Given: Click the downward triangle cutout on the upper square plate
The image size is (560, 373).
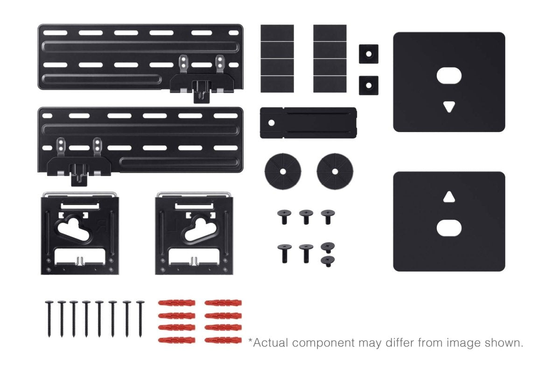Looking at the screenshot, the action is click(449, 106).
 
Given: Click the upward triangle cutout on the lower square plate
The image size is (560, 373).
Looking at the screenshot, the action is click(449, 197).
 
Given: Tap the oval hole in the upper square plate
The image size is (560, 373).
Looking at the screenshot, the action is click(449, 76).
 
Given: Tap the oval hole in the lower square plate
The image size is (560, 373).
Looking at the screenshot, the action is click(449, 228).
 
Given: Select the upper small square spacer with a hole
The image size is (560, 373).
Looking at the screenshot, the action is click(369, 54).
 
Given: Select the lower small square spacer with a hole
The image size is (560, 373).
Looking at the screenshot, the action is click(369, 85).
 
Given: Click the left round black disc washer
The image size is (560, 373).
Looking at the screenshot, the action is click(283, 172).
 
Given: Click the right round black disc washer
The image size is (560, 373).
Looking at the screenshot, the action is click(335, 172).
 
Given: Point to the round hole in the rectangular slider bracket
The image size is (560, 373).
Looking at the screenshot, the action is click(271, 123).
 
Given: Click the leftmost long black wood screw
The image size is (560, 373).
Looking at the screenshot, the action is click(49, 319).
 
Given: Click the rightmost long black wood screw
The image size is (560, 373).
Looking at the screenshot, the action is click(140, 319).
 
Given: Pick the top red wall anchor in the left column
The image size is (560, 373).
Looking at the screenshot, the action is click(176, 303).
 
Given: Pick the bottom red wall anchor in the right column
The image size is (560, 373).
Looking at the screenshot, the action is click(223, 340).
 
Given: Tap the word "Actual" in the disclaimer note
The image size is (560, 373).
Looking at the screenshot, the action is click(271, 343).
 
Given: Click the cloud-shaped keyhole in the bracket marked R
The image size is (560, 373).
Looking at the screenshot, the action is click(74, 229).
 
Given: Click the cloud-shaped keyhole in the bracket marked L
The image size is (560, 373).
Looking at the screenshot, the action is click(200, 229).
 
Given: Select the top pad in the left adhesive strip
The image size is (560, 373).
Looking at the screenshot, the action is click(277, 33).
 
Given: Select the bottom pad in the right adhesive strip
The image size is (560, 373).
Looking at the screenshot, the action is click(330, 84).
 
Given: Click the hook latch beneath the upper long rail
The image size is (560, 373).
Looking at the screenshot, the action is click(202, 91).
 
